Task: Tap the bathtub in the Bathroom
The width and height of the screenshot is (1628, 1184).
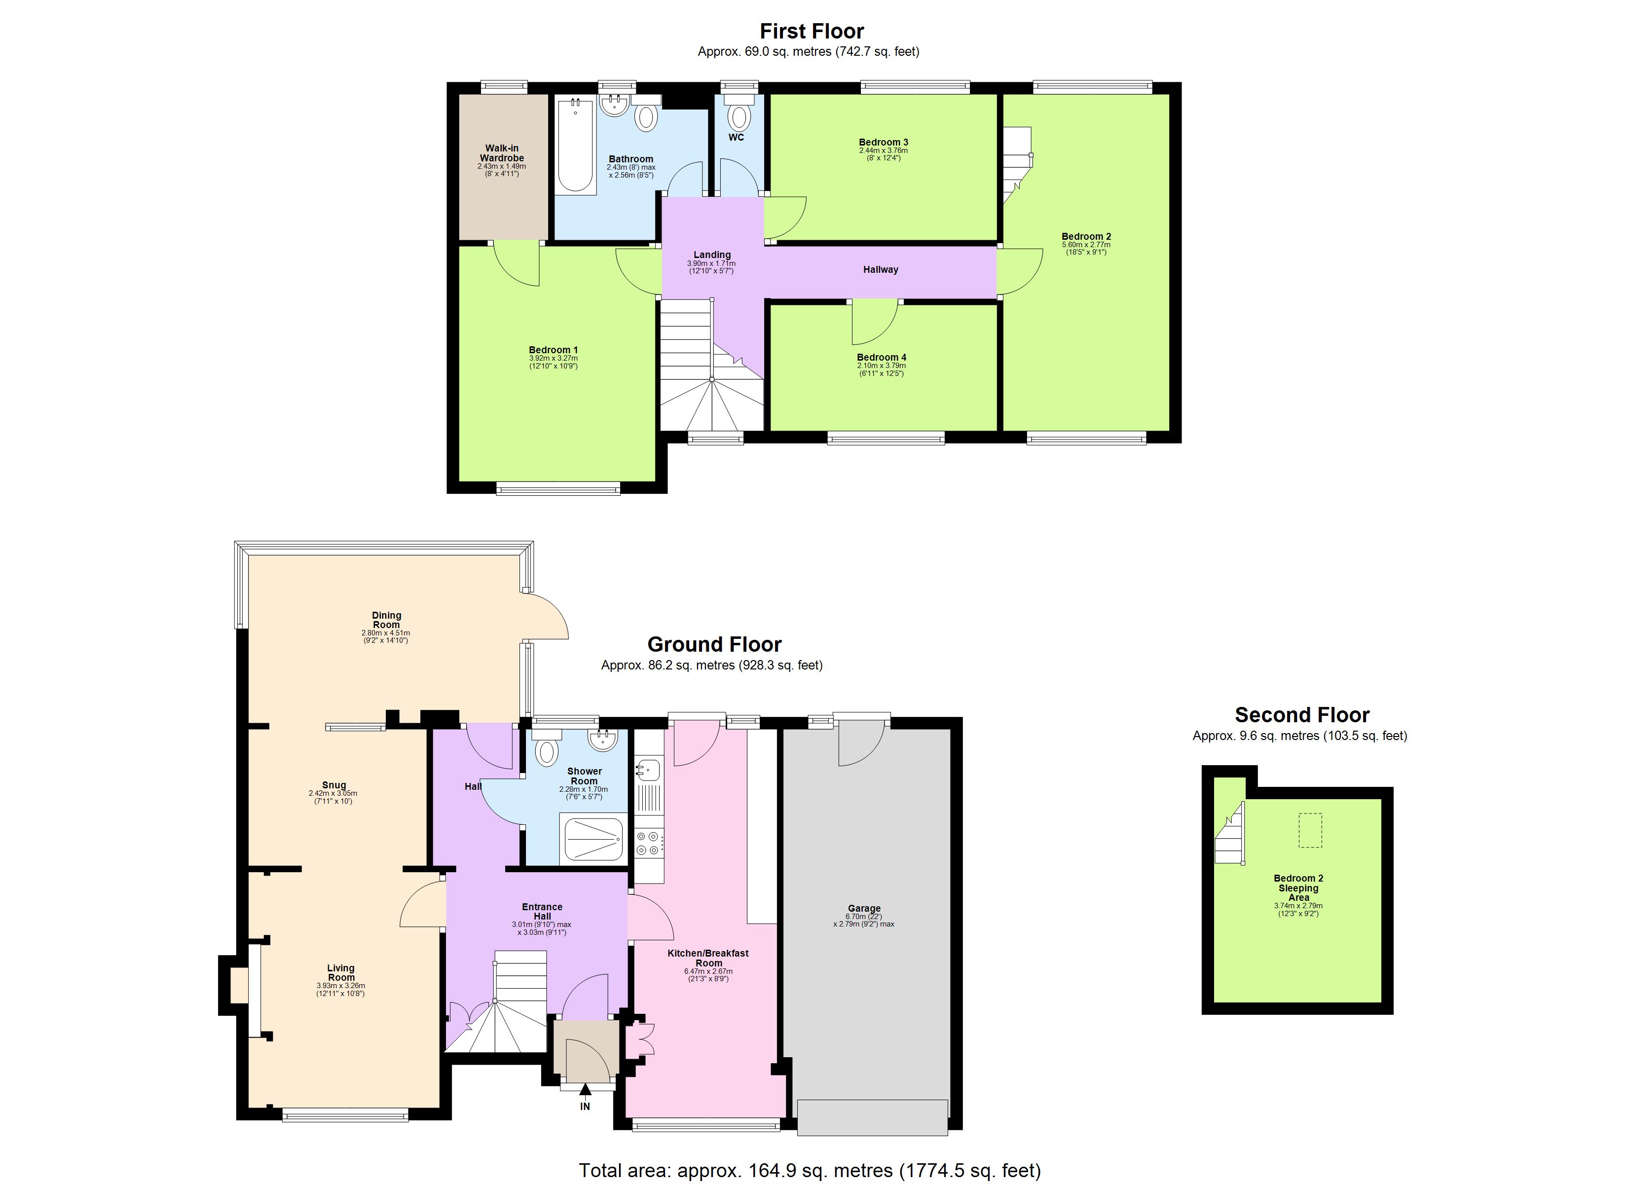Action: pos(576,146)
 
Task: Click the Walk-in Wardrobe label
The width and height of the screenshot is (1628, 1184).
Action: pos(502,153)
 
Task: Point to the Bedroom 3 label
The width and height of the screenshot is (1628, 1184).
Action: pos(883,142)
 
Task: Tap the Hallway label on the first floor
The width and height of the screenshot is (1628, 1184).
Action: pos(880,270)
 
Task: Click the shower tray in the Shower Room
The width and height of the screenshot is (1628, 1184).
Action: pos(593,838)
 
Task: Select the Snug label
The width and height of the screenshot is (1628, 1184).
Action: pos(334,785)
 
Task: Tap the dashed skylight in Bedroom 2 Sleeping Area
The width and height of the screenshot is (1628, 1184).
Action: pos(1310,830)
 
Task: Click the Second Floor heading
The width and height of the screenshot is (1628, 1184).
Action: pos(1301,715)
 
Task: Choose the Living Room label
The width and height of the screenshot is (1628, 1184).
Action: pos(341,972)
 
